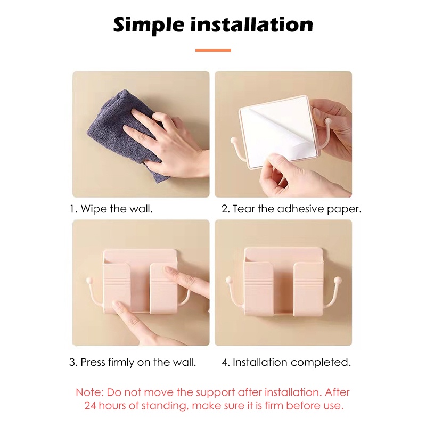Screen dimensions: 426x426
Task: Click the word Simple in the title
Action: pyautogui.click(x=149, y=26)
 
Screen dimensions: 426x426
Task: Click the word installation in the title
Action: pyautogui.click(x=251, y=24)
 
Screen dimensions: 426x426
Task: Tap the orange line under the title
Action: pyautogui.click(x=213, y=50)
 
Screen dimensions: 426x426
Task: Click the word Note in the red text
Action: pyautogui.click(x=89, y=392)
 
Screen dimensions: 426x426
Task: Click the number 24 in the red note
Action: pyautogui.click(x=90, y=406)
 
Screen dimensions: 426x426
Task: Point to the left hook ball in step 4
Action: pyautogui.click(x=228, y=279)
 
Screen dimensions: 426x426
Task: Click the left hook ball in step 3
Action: pyautogui.click(x=88, y=280)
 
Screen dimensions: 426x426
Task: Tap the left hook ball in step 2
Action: pyautogui.click(x=233, y=140)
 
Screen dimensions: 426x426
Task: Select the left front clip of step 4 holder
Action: pyautogui.click(x=258, y=289)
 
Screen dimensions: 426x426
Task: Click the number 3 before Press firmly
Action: pyautogui.click(x=72, y=362)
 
